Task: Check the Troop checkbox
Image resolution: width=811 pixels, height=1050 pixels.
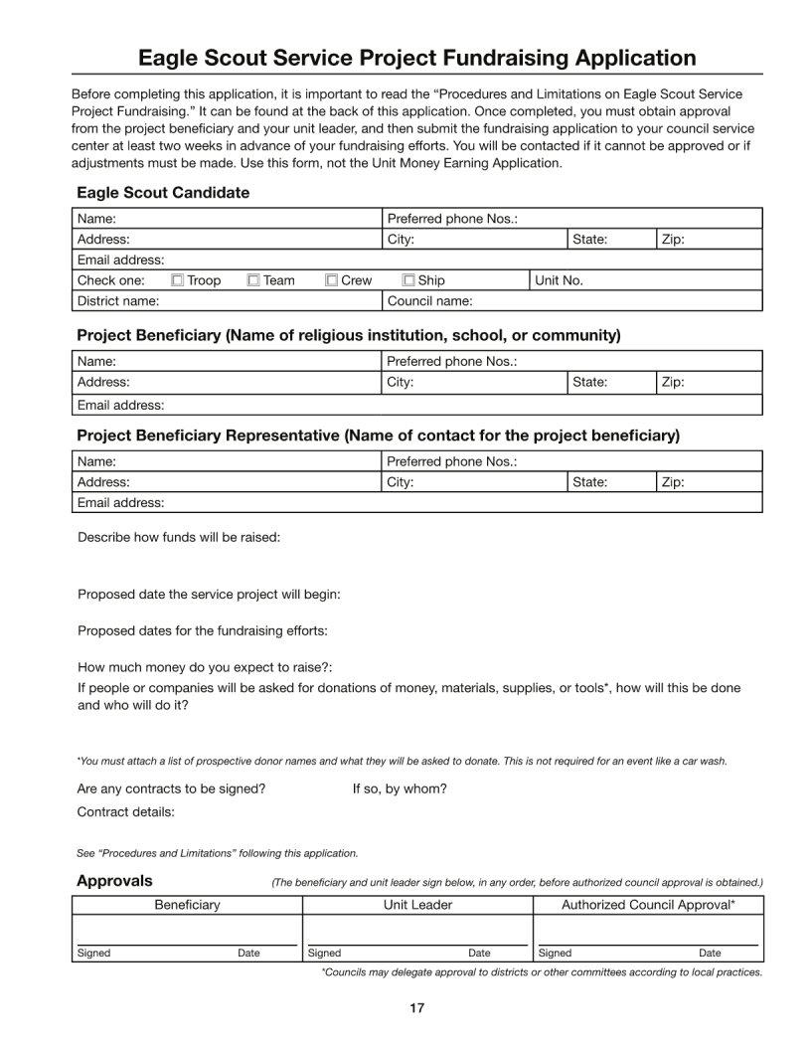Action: point(178,280)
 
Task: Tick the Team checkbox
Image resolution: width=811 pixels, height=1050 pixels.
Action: point(253,280)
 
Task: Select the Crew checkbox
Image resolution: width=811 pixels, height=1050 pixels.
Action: point(332,280)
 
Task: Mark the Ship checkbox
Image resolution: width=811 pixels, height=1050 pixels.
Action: point(408,280)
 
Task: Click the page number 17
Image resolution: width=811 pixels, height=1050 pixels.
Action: point(416,1008)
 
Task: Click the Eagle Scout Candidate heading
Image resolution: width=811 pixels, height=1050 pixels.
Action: point(163,192)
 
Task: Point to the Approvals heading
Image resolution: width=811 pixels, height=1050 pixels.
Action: point(114,880)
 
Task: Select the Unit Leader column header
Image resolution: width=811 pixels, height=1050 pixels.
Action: point(417,905)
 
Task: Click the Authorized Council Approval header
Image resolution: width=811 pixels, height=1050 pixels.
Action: point(648,905)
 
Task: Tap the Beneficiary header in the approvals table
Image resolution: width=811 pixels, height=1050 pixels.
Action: point(187,905)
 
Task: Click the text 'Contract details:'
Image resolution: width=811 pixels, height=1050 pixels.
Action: point(125,812)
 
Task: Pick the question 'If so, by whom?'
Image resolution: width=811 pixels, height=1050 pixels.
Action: point(400,788)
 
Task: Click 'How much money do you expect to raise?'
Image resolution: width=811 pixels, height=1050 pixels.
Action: point(205,667)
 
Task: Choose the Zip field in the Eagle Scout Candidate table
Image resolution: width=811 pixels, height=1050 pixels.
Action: point(709,240)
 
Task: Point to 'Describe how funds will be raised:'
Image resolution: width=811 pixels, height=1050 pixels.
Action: point(179,537)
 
